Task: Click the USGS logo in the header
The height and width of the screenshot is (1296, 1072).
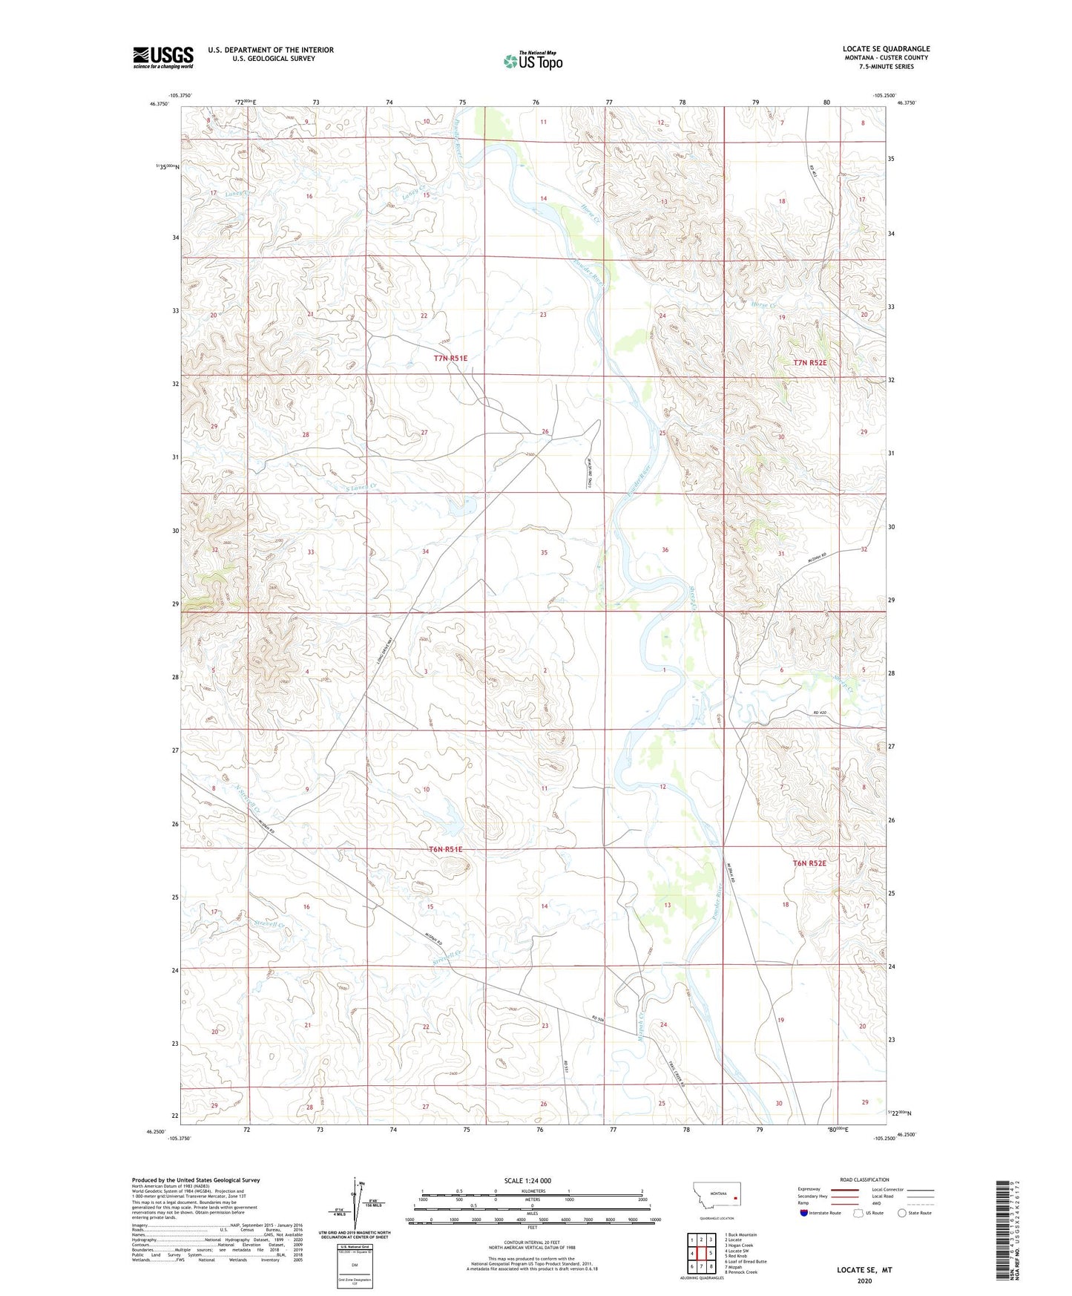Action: coord(163,57)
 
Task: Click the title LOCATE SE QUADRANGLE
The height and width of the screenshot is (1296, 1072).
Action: coord(886,49)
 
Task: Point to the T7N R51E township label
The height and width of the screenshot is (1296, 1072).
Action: coord(451,359)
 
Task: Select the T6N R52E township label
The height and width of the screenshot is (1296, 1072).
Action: coord(809,863)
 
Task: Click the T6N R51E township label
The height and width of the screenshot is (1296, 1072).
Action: coord(445,849)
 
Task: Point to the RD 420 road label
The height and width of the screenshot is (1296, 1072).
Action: coord(819,713)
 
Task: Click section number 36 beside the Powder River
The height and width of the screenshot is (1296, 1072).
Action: coord(665,550)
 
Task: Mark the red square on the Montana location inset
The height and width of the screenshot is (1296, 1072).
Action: coord(734,1198)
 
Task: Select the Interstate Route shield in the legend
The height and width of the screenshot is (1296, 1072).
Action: coord(804,1213)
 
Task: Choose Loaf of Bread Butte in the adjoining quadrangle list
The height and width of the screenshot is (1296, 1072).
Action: coord(746,1261)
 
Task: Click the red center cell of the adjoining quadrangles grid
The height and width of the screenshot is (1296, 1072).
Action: coord(701,1254)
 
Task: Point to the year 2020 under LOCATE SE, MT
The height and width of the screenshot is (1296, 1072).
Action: coord(864,1280)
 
